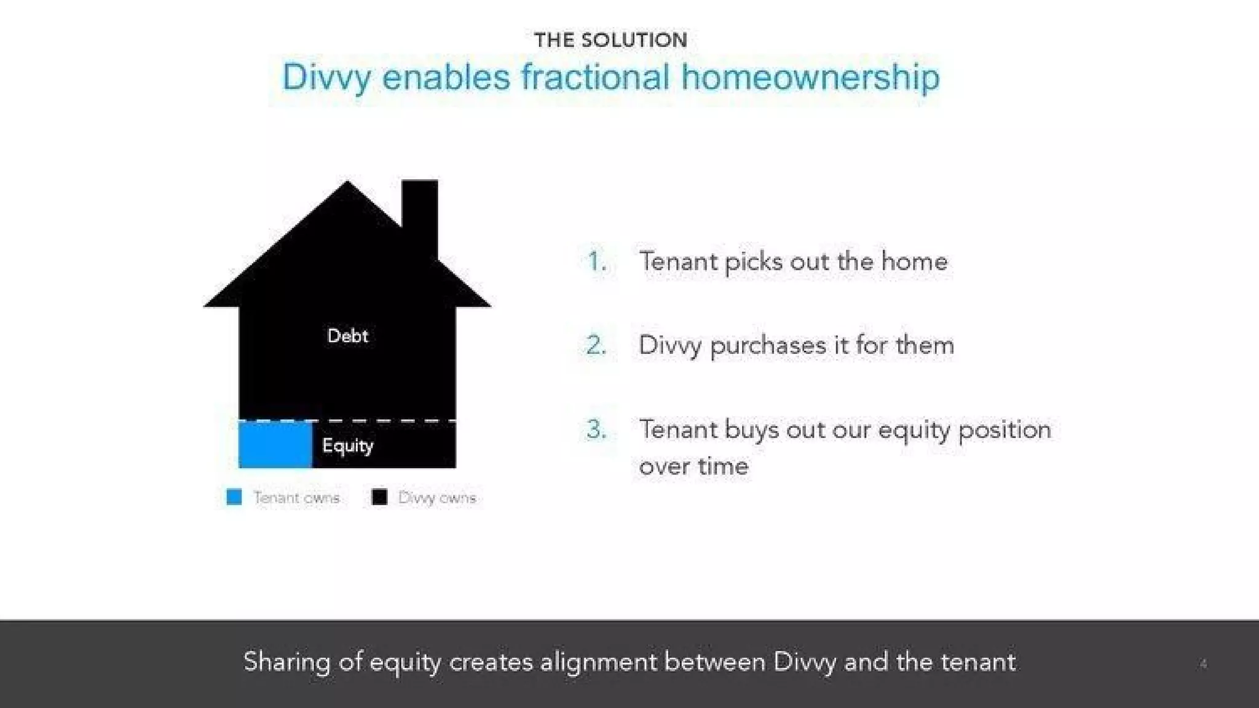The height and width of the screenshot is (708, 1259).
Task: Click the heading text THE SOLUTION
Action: (610, 40)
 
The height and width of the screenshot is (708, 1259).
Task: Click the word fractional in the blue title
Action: (594, 78)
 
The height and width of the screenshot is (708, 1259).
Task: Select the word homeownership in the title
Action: (810, 78)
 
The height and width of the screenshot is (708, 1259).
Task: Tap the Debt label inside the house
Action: (347, 336)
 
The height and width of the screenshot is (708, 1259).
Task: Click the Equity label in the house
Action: (347, 445)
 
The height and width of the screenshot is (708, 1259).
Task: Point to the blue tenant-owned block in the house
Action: (275, 444)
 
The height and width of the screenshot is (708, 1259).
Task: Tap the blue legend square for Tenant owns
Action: (234, 497)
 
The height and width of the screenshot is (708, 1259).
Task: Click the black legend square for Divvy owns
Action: (379, 497)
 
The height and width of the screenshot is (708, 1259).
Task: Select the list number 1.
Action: (596, 262)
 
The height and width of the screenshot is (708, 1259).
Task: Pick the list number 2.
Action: (596, 345)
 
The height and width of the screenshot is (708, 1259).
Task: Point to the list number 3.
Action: (596, 429)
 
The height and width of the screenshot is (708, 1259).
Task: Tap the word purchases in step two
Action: (768, 345)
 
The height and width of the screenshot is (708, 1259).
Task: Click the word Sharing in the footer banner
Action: (286, 663)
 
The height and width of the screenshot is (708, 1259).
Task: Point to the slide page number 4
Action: (1203, 664)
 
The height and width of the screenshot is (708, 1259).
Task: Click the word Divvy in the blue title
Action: (326, 78)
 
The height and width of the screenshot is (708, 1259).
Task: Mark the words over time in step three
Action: (693, 466)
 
